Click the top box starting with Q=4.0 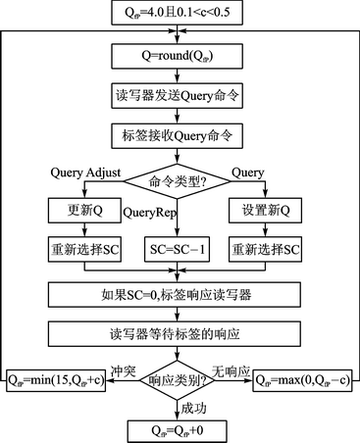click(x=180, y=14)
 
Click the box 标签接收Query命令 click(x=180, y=135)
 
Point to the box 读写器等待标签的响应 click(x=180, y=332)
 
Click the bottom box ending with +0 click(x=180, y=428)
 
